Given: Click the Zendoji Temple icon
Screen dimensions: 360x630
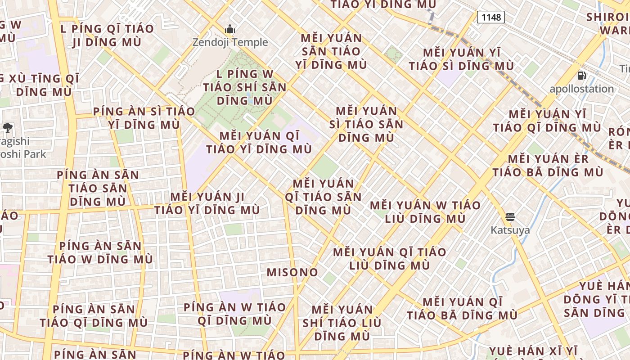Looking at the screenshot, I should coord(230,30).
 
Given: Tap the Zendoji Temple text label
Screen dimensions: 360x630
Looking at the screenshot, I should coord(230,42).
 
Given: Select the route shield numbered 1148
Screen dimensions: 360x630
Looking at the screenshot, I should coord(490,17).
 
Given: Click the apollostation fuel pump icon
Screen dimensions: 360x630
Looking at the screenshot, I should coord(581,76).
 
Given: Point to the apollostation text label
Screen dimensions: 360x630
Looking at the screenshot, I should coord(581,89).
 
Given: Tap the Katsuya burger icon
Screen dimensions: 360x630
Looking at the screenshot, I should coord(510,217).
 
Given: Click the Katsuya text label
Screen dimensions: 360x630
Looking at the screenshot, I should coord(510,230).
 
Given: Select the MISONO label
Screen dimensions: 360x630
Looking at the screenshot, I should coord(292,272).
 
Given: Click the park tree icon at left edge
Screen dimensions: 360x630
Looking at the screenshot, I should coord(7,128).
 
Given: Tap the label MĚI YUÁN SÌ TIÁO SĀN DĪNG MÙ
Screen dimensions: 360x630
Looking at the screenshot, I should coord(366,124).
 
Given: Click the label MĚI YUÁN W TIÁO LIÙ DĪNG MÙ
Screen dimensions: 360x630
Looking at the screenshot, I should coord(425,212).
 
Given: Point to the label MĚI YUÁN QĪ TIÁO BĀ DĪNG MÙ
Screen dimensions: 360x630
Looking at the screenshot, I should coord(462,308).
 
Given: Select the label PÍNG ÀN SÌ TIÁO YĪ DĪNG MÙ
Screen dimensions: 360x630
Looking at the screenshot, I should coord(144,117).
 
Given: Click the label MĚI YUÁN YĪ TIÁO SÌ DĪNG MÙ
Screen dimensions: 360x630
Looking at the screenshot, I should coord(461,59).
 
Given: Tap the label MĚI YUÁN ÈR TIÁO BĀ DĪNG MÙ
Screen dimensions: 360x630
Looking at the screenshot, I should coord(548,166).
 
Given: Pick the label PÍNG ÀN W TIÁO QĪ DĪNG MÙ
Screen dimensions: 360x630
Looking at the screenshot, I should coord(234,314).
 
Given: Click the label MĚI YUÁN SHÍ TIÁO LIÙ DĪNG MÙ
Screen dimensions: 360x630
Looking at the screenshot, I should coord(342,323).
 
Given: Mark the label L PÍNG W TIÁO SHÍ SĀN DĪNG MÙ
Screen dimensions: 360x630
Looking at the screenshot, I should coord(245,87).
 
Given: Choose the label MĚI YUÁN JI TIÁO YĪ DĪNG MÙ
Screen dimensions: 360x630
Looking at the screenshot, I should coord(207,203).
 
